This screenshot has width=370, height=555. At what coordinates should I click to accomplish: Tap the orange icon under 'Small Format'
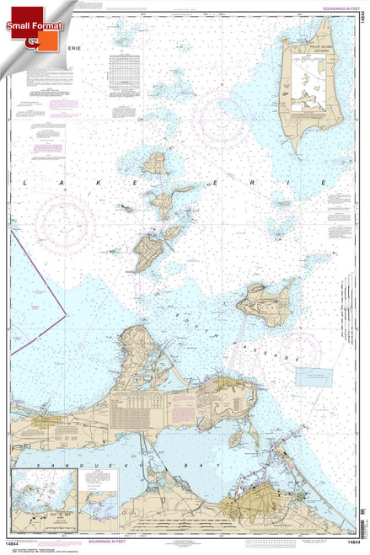pos(32,41)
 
